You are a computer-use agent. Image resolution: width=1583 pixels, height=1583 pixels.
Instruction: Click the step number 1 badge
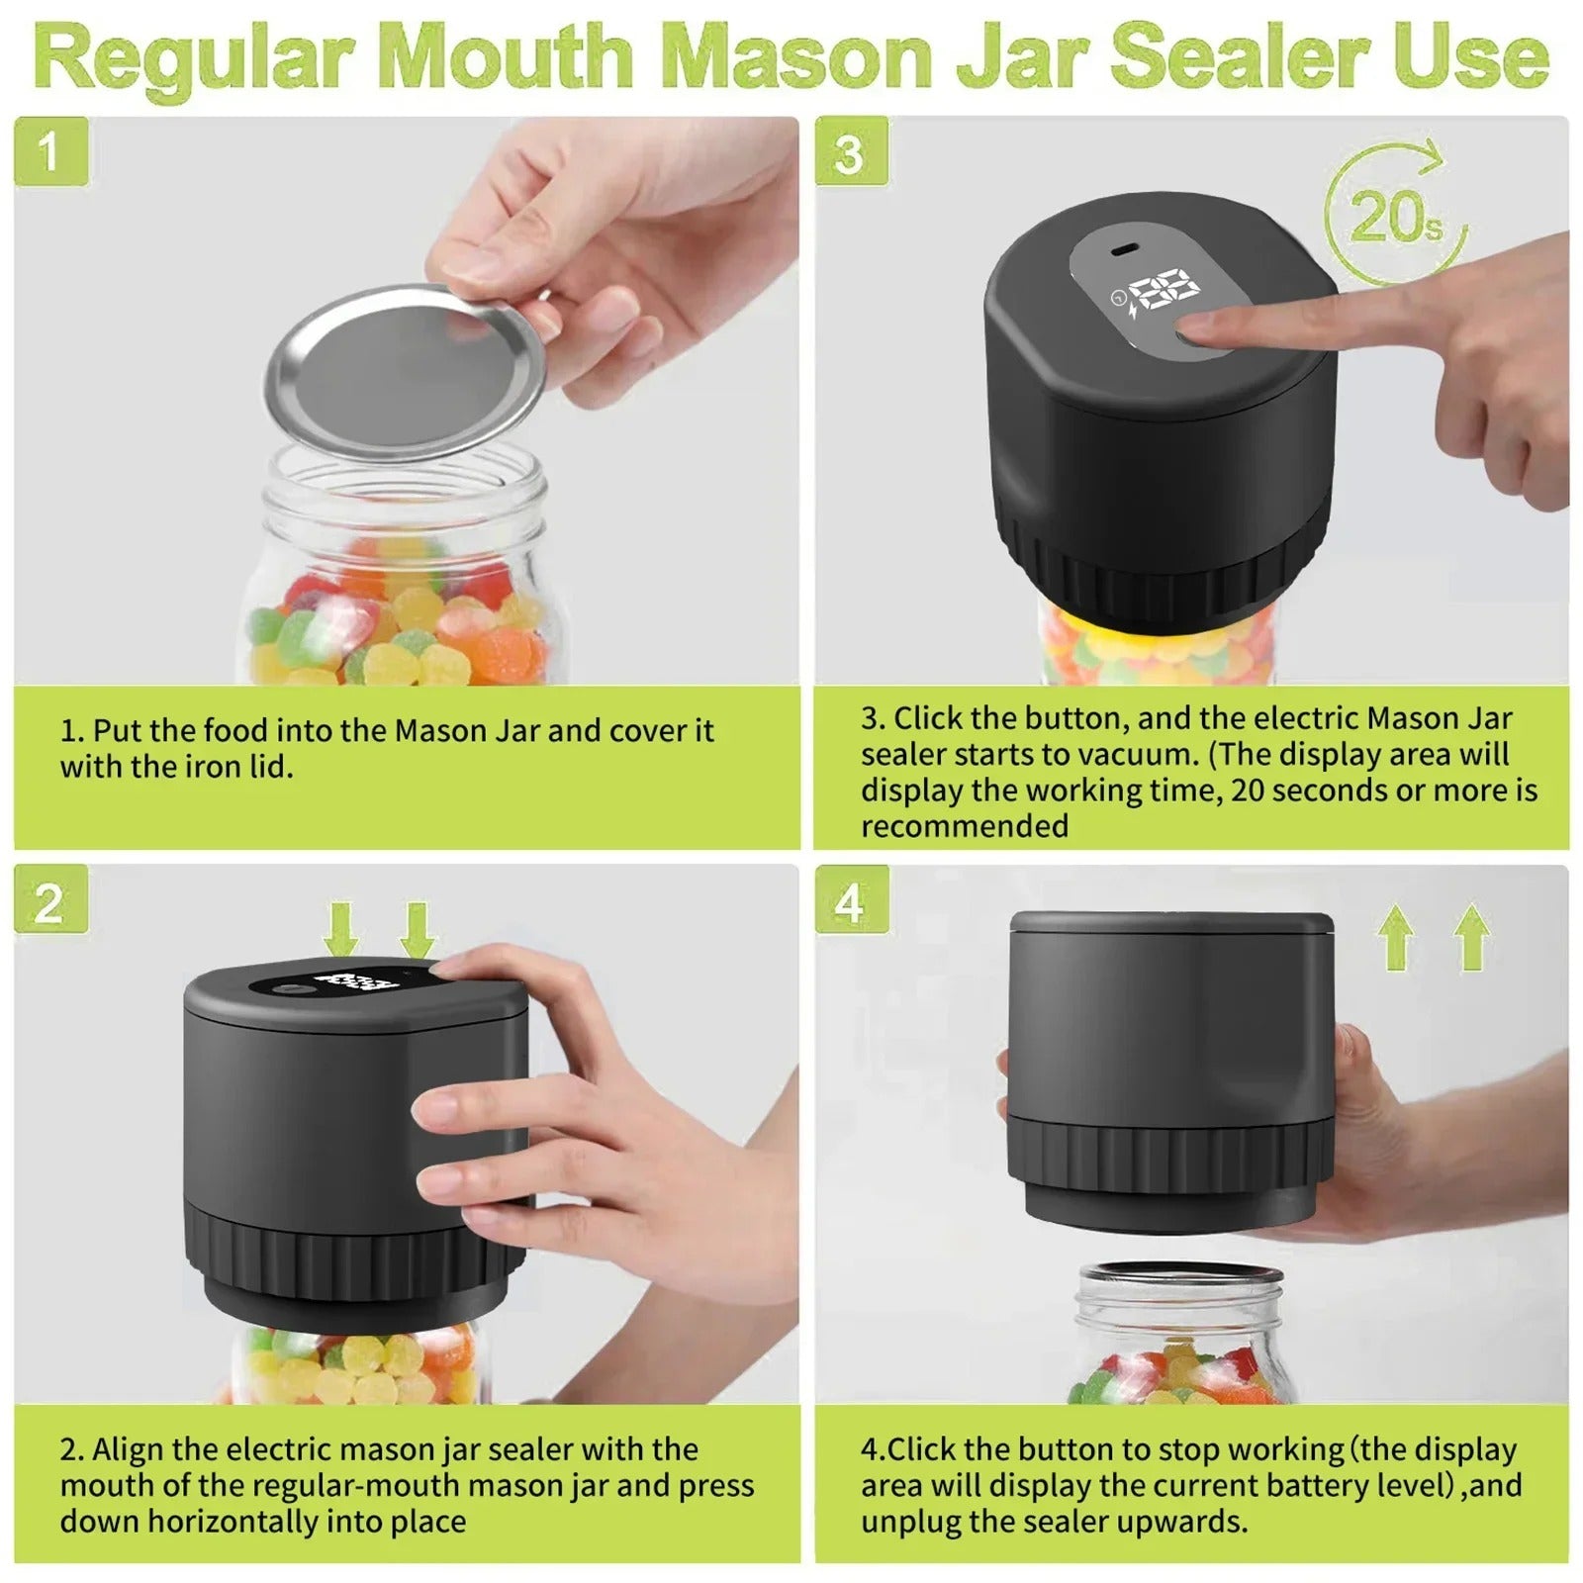pos(50,151)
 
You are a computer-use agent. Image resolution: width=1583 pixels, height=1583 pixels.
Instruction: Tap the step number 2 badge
pos(50,899)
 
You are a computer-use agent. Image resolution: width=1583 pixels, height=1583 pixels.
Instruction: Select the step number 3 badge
pos(851,151)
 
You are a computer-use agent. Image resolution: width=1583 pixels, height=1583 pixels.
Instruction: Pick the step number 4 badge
pos(851,899)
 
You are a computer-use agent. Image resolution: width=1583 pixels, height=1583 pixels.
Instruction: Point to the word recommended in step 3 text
pos(965,826)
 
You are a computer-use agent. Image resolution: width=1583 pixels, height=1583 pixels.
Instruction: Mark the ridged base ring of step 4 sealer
pos(1167,1153)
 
